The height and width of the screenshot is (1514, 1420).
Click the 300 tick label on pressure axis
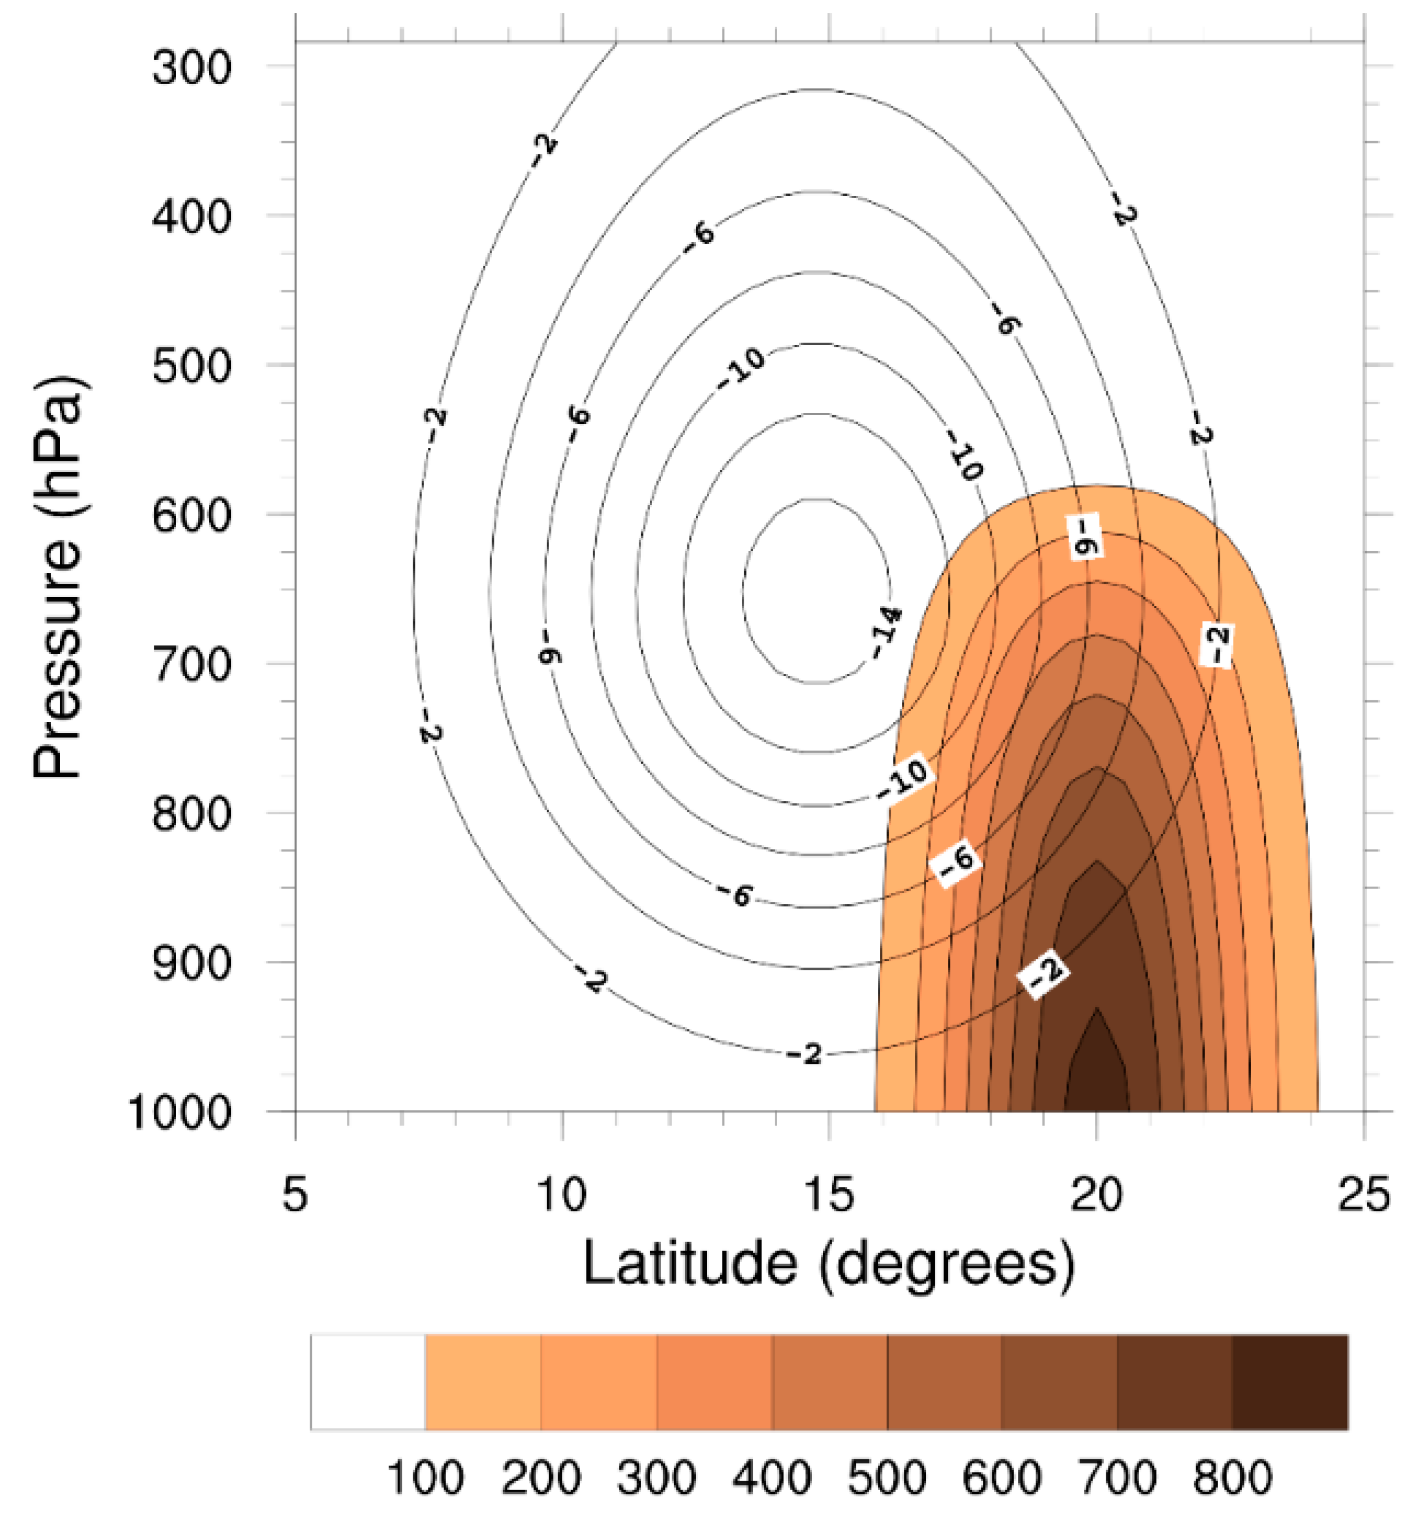pyautogui.click(x=191, y=68)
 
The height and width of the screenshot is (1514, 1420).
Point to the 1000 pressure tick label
pyautogui.click(x=180, y=1113)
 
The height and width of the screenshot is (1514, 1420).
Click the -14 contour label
pyautogui.click(x=885, y=632)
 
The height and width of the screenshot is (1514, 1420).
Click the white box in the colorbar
pyautogui.click(x=368, y=1382)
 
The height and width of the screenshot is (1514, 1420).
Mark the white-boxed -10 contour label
pyautogui.click(x=904, y=777)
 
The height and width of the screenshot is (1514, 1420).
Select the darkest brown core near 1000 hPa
pyautogui.click(x=1097, y=1077)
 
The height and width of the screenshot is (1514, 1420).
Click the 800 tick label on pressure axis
pyautogui.click(x=191, y=815)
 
